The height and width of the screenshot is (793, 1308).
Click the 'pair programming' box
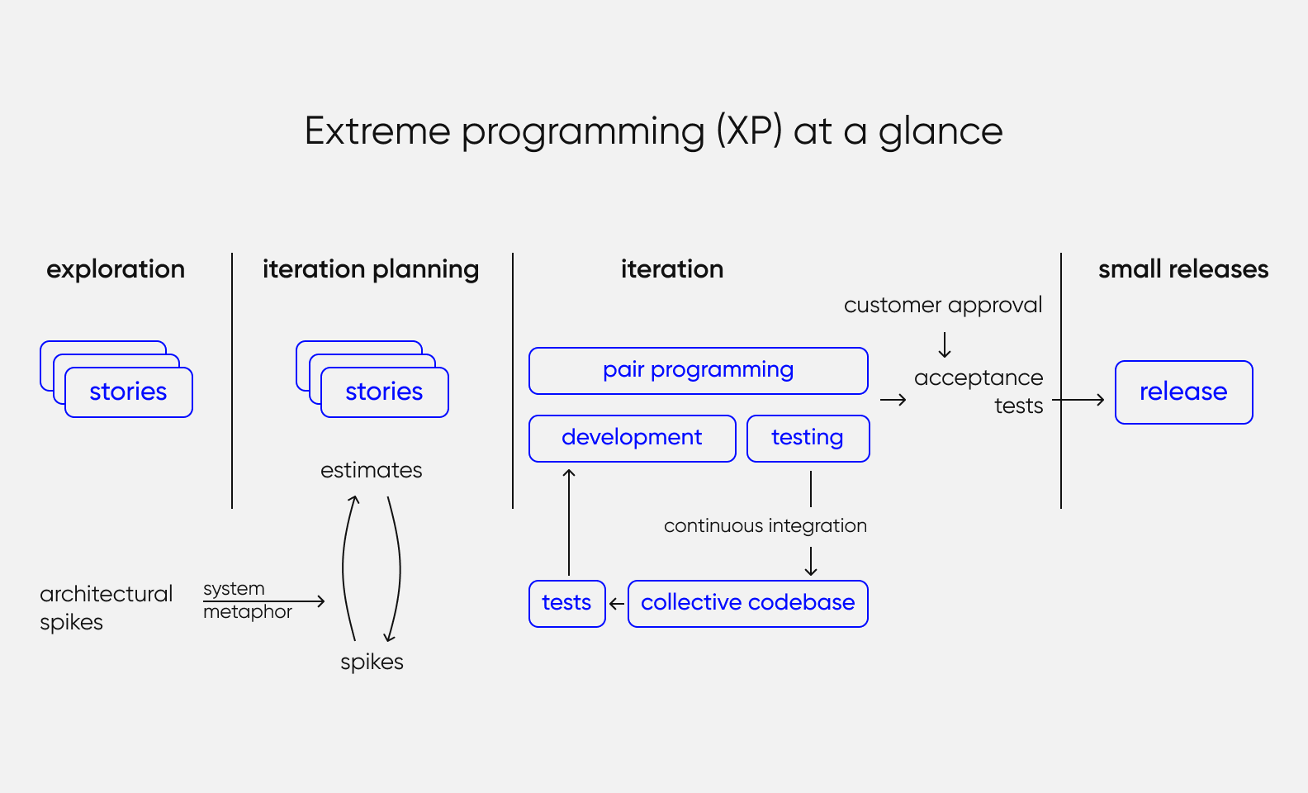698,371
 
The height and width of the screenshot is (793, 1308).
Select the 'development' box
632,438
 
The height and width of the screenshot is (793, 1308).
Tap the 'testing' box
808,438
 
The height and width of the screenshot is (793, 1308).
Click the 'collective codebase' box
747,603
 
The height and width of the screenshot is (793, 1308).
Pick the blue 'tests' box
566,603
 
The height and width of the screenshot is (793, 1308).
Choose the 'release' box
1183,392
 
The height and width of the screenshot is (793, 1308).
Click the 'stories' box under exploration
128,392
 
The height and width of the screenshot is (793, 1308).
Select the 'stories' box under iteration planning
384,392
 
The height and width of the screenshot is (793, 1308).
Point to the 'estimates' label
371,470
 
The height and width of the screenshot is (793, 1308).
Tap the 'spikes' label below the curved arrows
372,662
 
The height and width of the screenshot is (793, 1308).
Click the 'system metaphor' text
246,600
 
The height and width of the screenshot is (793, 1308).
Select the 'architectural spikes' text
105,607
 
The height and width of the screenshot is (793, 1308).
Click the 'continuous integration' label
765,526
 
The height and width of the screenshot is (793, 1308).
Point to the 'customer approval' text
942,306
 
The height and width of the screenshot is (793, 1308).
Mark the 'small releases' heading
1182,269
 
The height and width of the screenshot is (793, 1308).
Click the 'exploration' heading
116,269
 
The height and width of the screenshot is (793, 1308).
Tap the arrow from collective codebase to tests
617,604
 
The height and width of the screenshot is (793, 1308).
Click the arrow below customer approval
945,344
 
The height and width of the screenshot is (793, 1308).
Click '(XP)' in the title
749,131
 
